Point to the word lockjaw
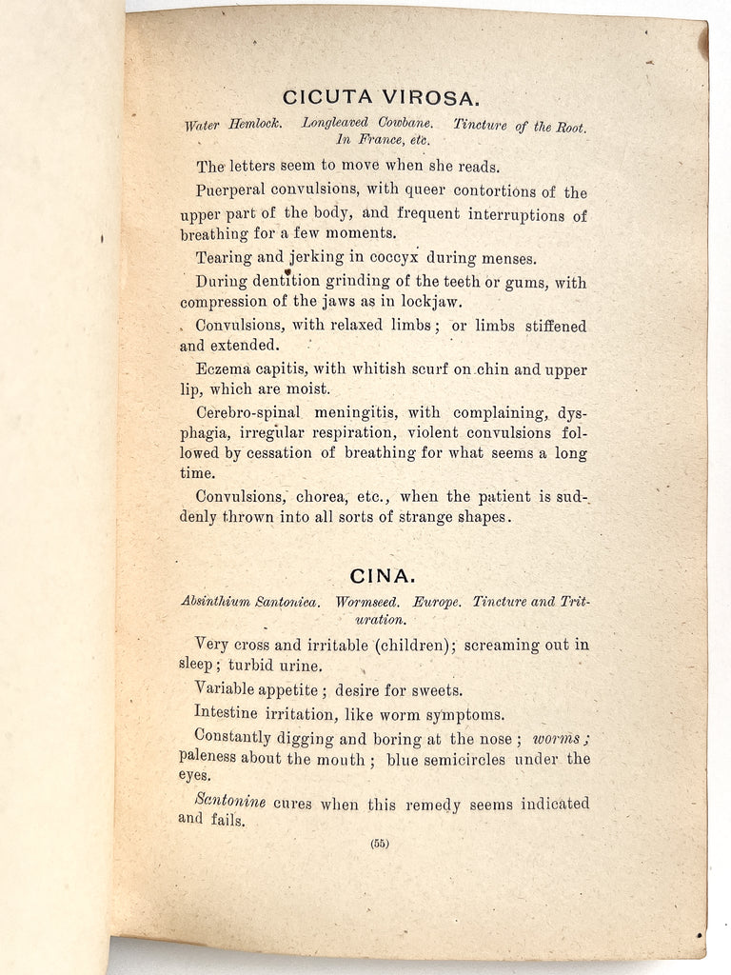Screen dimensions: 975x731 [430, 303]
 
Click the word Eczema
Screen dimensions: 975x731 [223, 370]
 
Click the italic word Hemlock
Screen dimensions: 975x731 [253, 125]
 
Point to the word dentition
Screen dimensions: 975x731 [285, 281]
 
